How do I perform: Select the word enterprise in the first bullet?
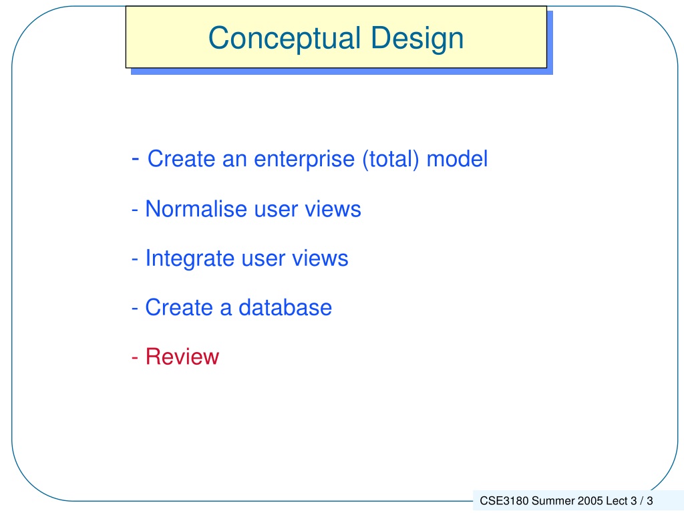[x=304, y=160]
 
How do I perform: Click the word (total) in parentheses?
[x=390, y=159]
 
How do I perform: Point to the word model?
[x=457, y=159]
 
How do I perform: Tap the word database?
[x=285, y=307]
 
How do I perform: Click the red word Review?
[x=182, y=357]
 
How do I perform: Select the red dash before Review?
[x=135, y=358]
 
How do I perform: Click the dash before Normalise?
[x=135, y=210]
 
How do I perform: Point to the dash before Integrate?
[x=135, y=259]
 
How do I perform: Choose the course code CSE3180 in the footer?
[x=504, y=501]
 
